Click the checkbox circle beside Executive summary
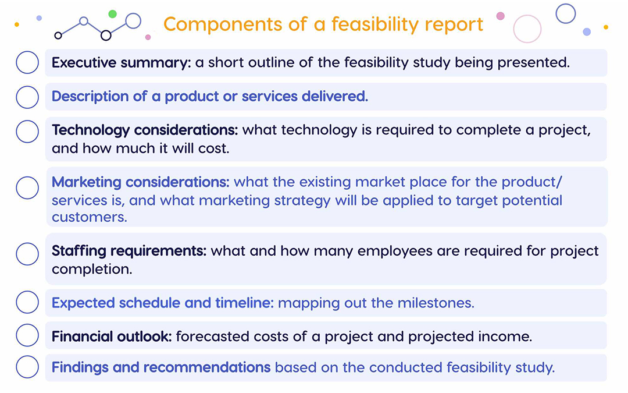pyautogui.click(x=27, y=62)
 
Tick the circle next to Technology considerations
pyautogui.click(x=27, y=132)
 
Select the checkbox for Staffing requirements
pyautogui.click(x=27, y=253)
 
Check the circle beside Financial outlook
pyautogui.click(x=27, y=335)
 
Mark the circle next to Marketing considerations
pyautogui.click(x=27, y=187)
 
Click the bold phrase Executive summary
pyautogui.click(x=121, y=62)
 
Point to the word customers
pyautogui.click(x=89, y=217)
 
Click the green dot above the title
pyautogui.click(x=113, y=13)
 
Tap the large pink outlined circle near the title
pyautogui.click(x=527, y=29)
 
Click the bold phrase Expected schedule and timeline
pyautogui.click(x=162, y=303)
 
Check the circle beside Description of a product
pyautogui.click(x=27, y=97)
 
